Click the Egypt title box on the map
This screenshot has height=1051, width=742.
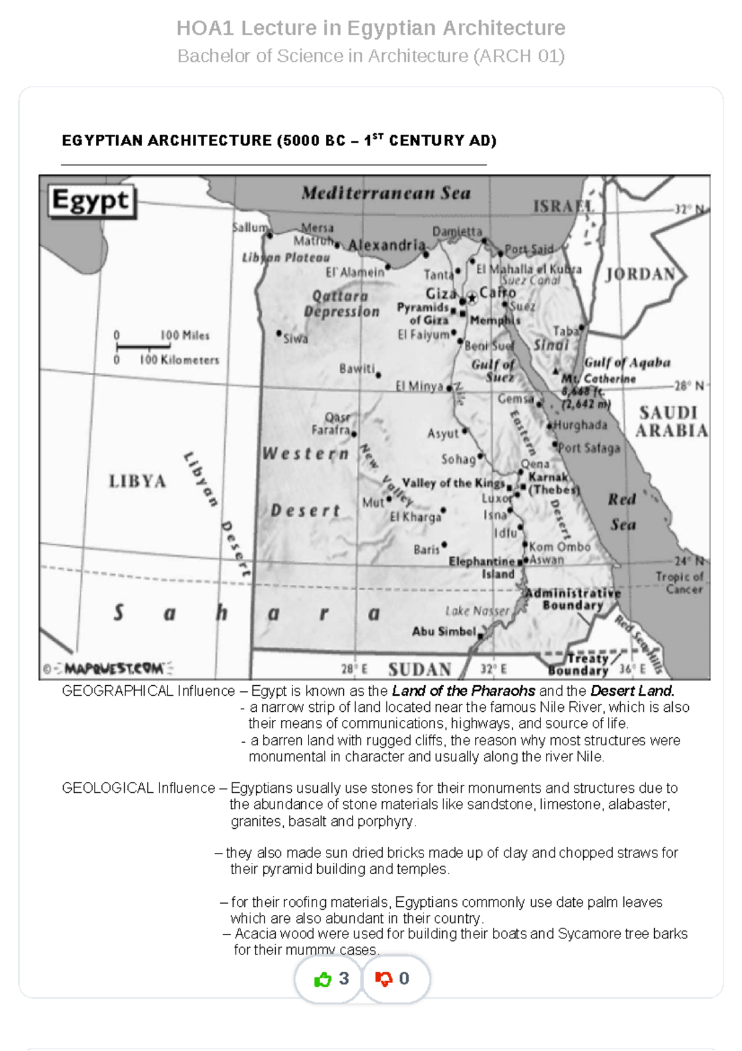92,201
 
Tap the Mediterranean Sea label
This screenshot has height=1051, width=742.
386,193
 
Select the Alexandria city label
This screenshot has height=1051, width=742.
386,245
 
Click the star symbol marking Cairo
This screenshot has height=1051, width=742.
472,298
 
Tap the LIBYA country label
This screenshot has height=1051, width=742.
137,481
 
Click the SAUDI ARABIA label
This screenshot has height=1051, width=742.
672,422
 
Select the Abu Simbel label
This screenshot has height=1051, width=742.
444,631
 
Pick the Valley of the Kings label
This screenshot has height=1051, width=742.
453,483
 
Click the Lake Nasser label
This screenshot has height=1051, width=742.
477,611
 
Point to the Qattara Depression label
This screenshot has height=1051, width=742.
341,304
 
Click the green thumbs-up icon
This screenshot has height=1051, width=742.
323,979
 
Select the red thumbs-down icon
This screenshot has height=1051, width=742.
384,979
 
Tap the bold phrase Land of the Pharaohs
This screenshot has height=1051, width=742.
464,691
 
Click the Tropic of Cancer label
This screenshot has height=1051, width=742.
679,582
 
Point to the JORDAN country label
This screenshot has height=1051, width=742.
639,274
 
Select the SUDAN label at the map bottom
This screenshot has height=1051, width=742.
419,670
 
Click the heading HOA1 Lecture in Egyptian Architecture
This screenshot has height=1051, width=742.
371,28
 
